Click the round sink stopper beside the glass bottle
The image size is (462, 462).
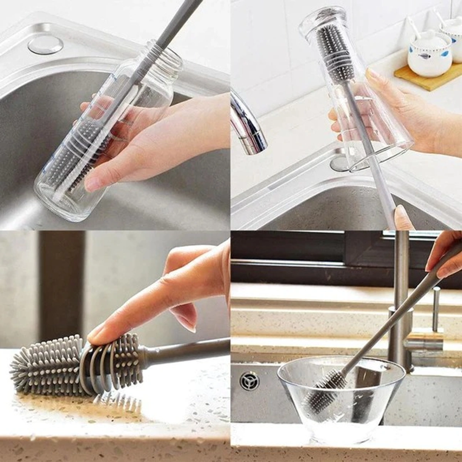click(x=45, y=45)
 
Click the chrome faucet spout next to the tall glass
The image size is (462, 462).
click(x=246, y=123)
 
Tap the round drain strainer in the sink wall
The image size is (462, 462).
click(x=249, y=381)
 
